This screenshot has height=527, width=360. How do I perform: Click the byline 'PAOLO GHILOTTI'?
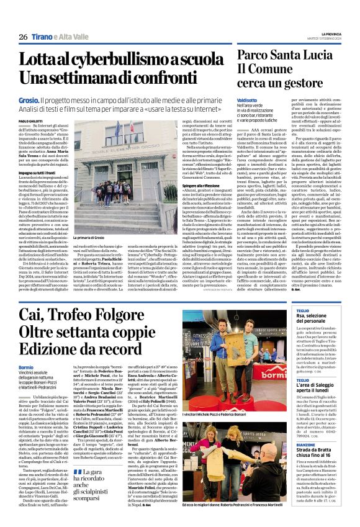[31, 121]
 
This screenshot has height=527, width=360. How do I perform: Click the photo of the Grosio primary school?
[103, 180]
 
